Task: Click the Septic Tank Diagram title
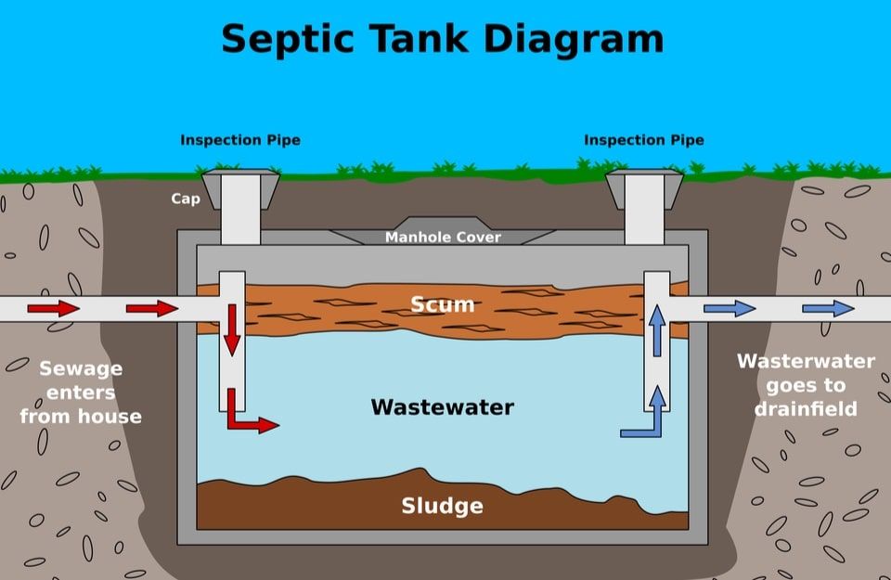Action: (x=443, y=39)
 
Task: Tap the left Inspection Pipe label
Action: (x=240, y=140)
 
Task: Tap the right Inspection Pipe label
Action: (x=644, y=140)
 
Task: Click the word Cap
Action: (x=186, y=199)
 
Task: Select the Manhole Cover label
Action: (x=444, y=238)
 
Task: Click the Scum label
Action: (x=443, y=304)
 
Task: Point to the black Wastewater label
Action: (x=442, y=406)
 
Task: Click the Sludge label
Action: (x=442, y=506)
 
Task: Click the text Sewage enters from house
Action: (x=81, y=393)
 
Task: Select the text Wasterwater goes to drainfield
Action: (x=806, y=384)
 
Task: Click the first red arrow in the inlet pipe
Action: (x=53, y=308)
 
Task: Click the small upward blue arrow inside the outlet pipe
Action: (x=657, y=330)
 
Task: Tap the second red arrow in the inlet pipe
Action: (x=151, y=308)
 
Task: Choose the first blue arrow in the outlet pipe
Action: (x=730, y=308)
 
